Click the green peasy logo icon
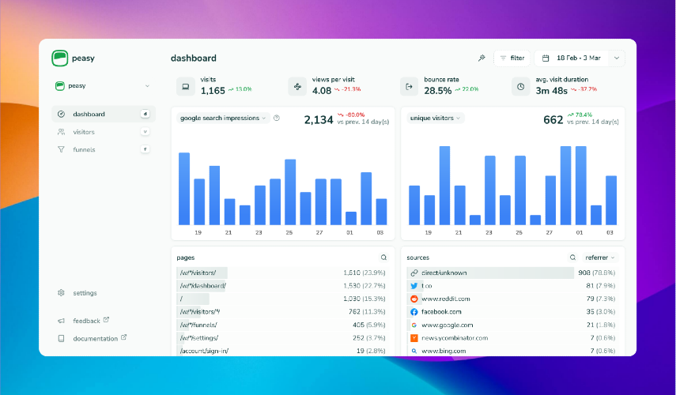(61, 58)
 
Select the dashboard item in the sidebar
(89, 115)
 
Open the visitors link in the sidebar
(83, 132)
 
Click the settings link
(85, 293)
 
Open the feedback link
(86, 321)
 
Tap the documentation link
(95, 338)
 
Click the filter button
(512, 58)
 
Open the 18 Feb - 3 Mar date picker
(580, 58)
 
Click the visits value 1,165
(213, 91)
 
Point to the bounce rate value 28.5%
(437, 91)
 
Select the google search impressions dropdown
(224, 118)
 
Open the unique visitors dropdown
(435, 118)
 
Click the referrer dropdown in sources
(600, 258)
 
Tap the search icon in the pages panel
(383, 258)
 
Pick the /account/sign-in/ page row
(204, 351)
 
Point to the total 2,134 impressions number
(319, 120)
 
